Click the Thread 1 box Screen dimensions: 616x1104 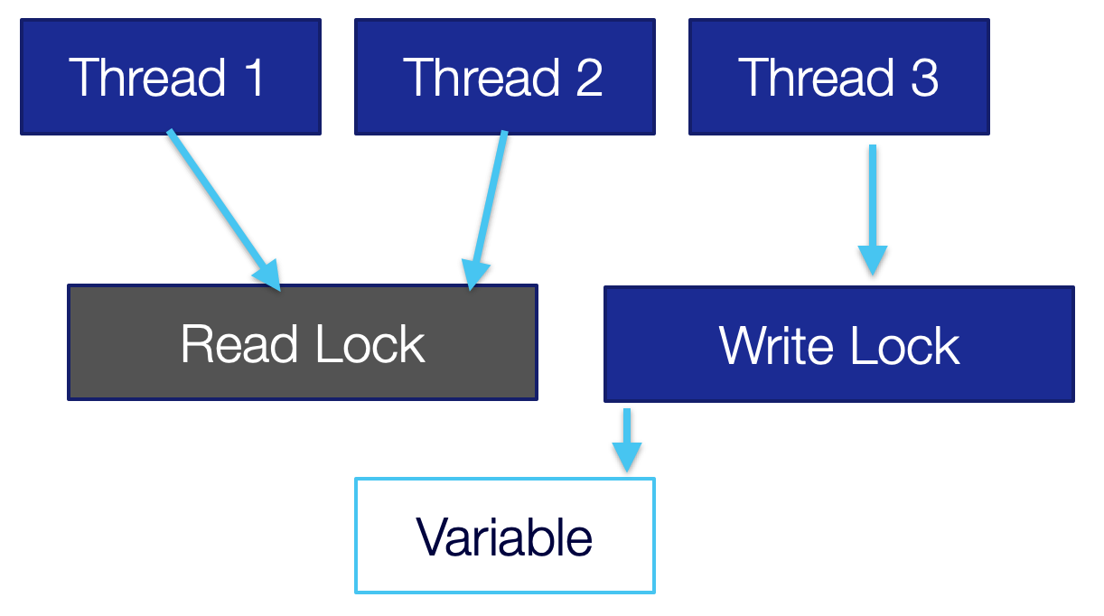click(170, 77)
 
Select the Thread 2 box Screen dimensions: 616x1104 click(504, 77)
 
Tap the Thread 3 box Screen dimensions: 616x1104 click(838, 77)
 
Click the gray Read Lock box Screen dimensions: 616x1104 click(303, 342)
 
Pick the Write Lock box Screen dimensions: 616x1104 click(838, 344)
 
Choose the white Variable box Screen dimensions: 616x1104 click(504, 536)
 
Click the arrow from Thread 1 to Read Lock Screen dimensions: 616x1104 click(221, 208)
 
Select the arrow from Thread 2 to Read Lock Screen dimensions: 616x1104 click(489, 208)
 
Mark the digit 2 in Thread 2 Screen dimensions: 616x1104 click(589, 77)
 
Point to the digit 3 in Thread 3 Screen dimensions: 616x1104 click(924, 77)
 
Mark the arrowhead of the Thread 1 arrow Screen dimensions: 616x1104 click(270, 276)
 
